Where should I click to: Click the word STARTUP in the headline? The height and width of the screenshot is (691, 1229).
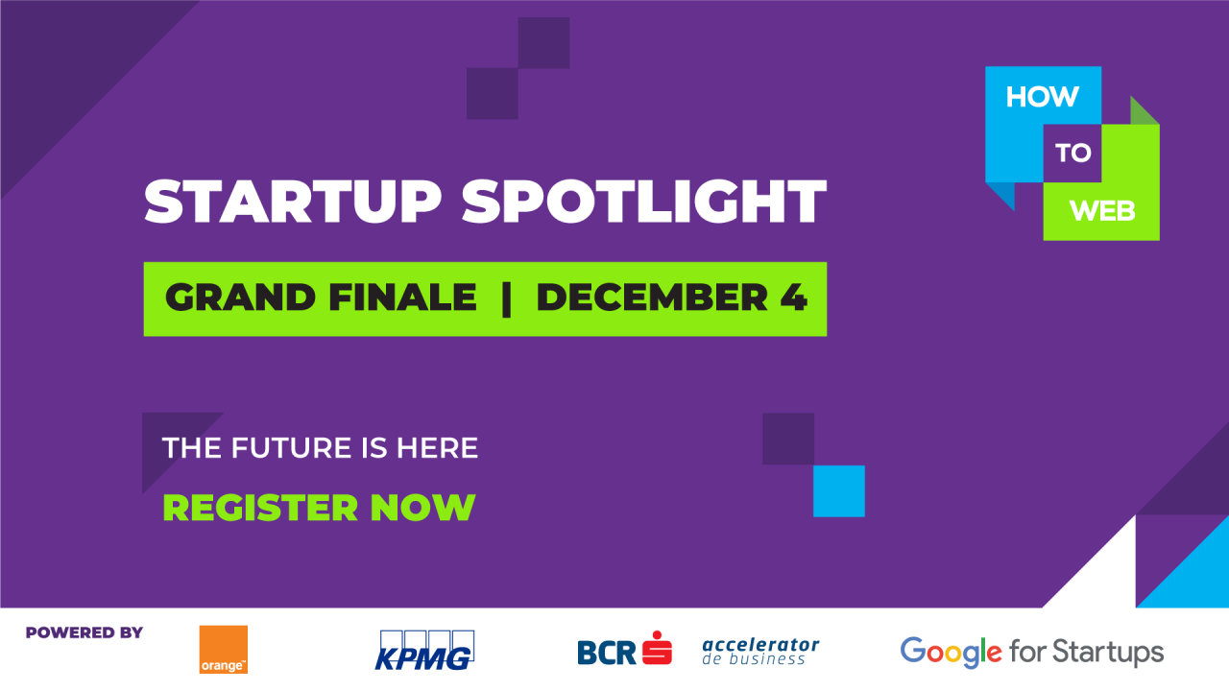293,202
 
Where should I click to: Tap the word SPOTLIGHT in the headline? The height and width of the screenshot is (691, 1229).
644,202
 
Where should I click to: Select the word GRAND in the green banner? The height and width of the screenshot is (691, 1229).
240,298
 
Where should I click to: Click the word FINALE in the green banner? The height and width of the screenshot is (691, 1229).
402,298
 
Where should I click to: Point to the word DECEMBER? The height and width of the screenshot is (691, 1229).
652,298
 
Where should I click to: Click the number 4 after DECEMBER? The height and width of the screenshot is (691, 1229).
793,298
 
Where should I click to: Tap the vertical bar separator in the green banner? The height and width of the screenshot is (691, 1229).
506,298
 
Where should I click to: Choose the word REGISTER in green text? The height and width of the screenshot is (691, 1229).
260,508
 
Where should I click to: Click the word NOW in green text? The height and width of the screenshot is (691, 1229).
422,508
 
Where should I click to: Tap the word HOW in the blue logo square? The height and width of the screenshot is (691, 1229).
1042,97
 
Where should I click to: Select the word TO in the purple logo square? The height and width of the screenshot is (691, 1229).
1073,153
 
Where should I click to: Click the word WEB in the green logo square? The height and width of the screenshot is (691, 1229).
1102,211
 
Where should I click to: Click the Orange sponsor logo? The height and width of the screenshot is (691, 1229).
224,650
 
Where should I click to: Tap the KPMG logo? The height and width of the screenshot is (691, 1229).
424,651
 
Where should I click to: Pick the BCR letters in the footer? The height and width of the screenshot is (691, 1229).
606,653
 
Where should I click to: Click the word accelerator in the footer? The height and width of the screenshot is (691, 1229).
760,644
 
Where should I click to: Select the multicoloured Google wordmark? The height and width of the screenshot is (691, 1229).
951,652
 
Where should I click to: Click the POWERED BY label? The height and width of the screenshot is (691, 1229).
84,632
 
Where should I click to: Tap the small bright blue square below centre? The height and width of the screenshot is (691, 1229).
839,491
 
